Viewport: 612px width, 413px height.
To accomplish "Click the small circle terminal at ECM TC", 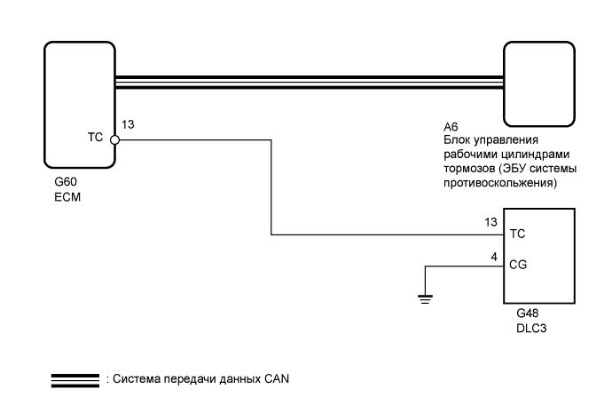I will click(115, 139).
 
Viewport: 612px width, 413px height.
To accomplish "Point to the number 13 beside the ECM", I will click(128, 126).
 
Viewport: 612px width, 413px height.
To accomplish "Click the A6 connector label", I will click(451, 129).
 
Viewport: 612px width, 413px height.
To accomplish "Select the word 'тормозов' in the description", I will click(467, 169).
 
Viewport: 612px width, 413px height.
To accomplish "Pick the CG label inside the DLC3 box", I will click(517, 265).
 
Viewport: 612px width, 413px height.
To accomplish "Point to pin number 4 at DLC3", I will click(494, 257).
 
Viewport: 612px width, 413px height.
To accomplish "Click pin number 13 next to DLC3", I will click(491, 221).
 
